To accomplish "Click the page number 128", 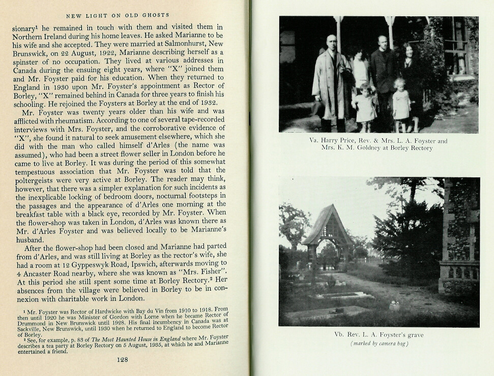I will point(122,360).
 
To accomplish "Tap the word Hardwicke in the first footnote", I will point(113,309).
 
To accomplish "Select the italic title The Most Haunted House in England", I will point(126,338).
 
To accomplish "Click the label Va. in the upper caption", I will point(314,140).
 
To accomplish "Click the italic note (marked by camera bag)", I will point(379,343).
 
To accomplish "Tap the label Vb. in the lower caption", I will point(339,335).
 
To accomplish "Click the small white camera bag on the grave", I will point(394,306).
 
